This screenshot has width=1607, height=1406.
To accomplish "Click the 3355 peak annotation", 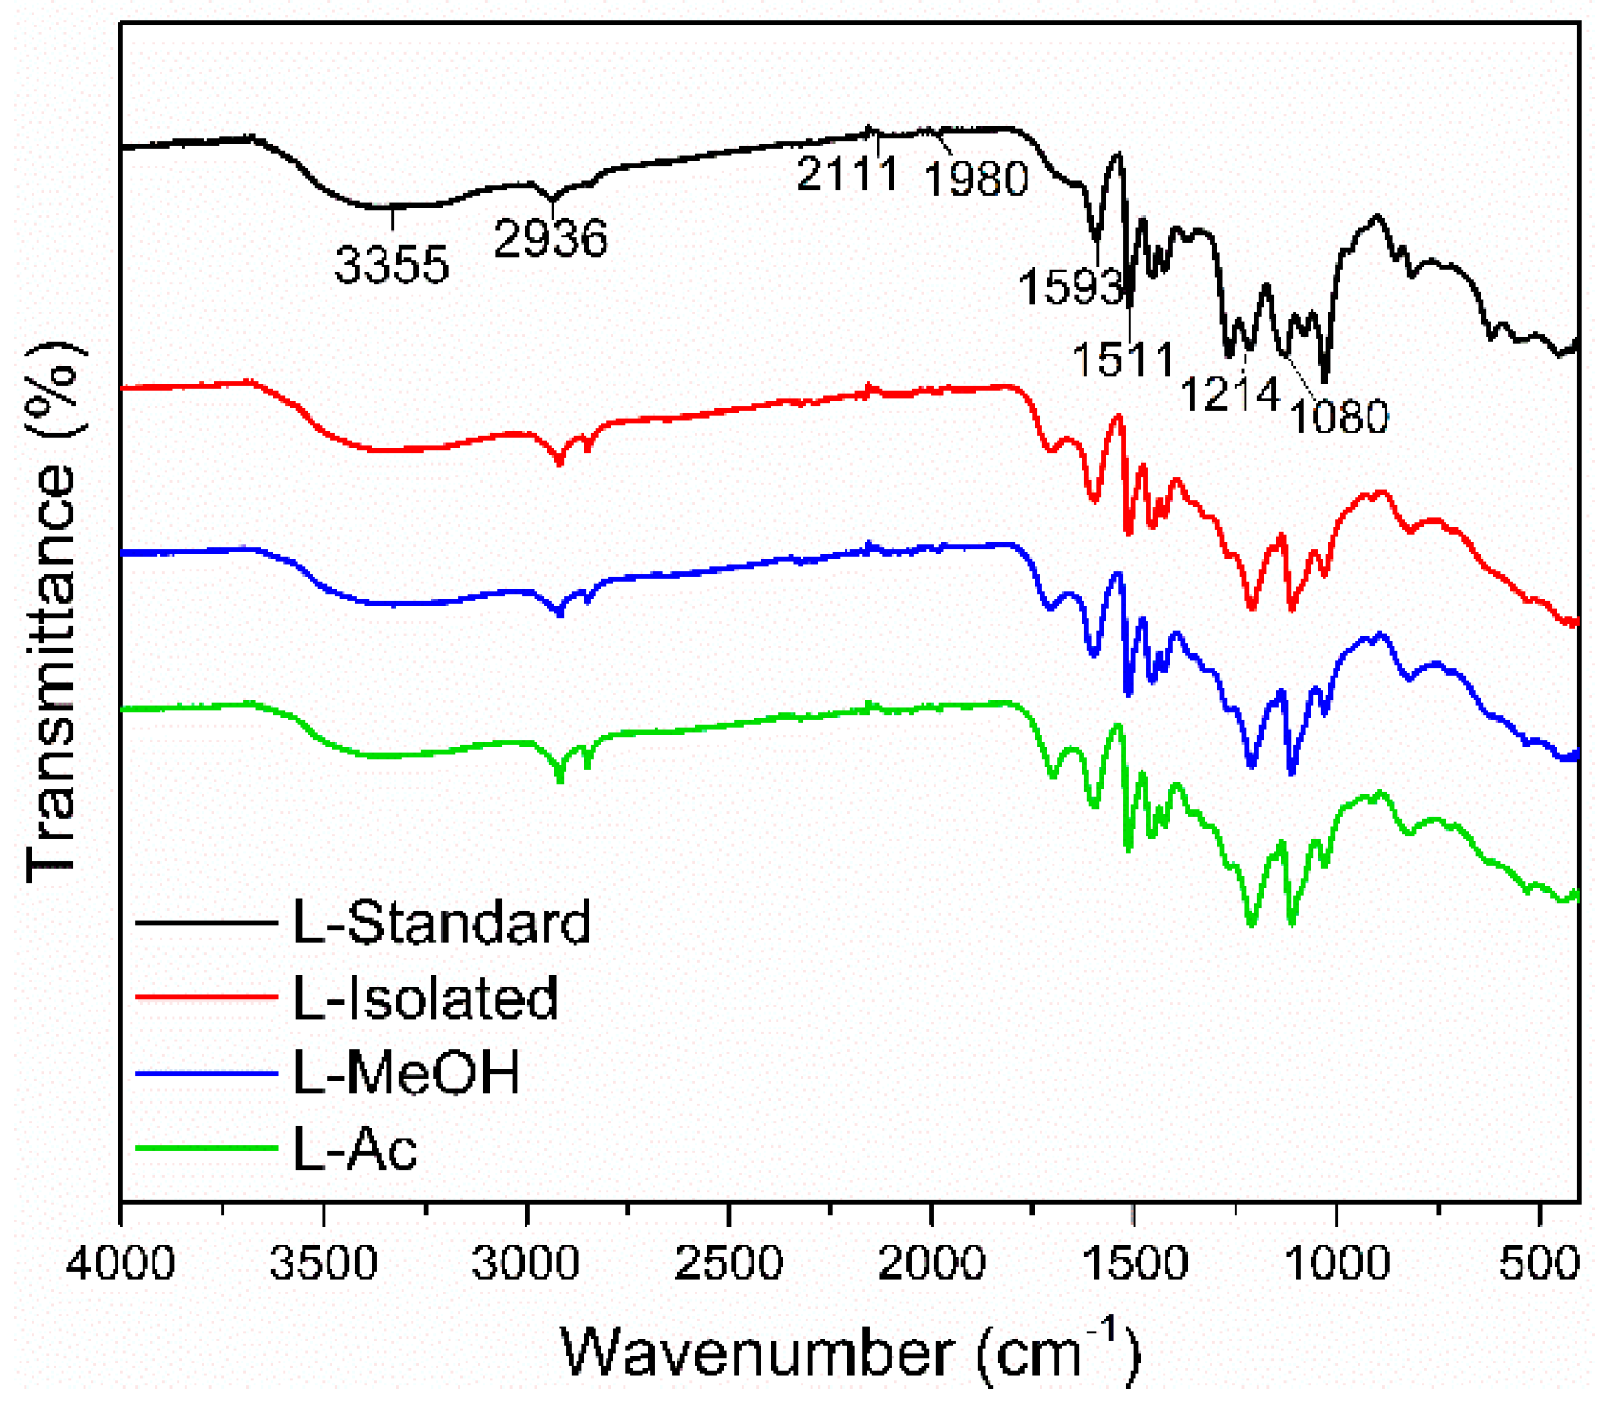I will [391, 265].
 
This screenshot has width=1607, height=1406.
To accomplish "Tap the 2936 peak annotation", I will [550, 238].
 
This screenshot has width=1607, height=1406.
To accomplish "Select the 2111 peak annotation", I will [847, 174].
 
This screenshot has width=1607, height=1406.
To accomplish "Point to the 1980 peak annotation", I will [977, 179].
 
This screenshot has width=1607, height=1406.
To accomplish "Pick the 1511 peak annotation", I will [1123, 359].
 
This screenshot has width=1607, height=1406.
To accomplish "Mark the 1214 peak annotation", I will [1230, 395].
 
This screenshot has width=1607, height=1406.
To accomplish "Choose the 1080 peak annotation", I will [1339, 417].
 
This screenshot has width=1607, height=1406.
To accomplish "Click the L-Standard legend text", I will [441, 923].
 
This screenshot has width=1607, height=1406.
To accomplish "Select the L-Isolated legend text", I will [425, 998].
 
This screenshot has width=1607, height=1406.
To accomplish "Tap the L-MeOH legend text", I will [406, 1073].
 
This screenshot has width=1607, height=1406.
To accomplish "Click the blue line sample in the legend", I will [206, 1074].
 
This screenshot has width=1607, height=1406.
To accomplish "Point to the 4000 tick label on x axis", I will [120, 1262].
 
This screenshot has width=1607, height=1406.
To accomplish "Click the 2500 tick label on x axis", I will [729, 1262].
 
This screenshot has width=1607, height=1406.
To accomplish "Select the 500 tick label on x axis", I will [1539, 1262].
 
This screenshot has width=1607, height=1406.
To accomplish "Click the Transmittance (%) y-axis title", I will [53, 611].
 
